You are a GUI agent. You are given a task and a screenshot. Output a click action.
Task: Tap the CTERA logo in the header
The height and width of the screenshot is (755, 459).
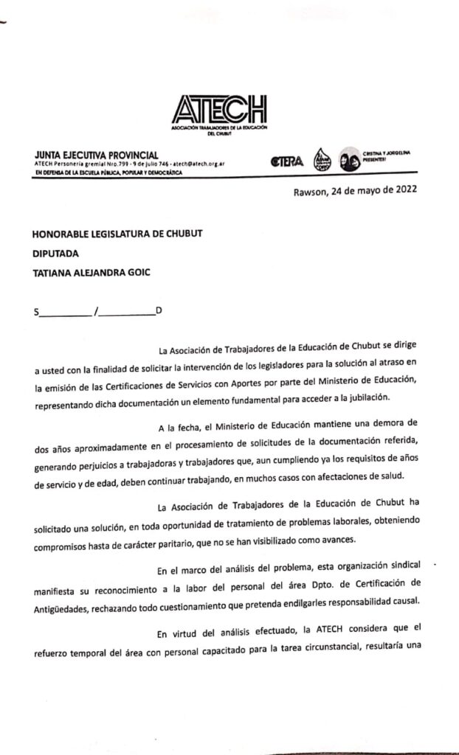[x=287, y=162]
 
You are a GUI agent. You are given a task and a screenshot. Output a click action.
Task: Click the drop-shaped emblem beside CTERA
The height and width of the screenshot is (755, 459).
[x=322, y=159]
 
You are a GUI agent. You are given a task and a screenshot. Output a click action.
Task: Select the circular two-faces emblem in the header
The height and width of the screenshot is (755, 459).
[x=349, y=160]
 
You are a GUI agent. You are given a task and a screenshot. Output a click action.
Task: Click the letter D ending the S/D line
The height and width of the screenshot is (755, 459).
[x=159, y=310]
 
